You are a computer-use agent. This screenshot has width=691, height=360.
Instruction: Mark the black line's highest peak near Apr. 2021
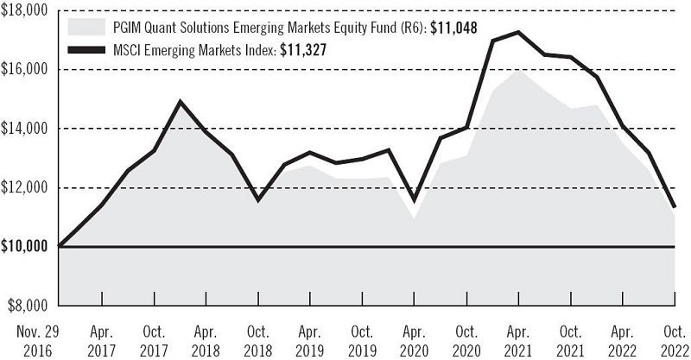(x=518, y=32)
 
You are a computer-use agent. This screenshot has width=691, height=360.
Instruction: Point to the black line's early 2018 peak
(x=180, y=102)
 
